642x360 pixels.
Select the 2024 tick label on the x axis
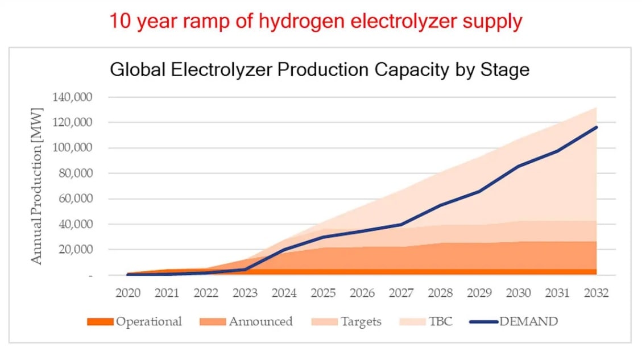[284, 293]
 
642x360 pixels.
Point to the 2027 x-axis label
[401, 293]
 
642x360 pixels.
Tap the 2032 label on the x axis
[597, 293]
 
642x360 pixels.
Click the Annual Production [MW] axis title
[36, 185]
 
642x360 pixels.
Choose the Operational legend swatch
[100, 322]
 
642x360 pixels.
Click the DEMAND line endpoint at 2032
[597, 127]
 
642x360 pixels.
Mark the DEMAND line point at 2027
[401, 225]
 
